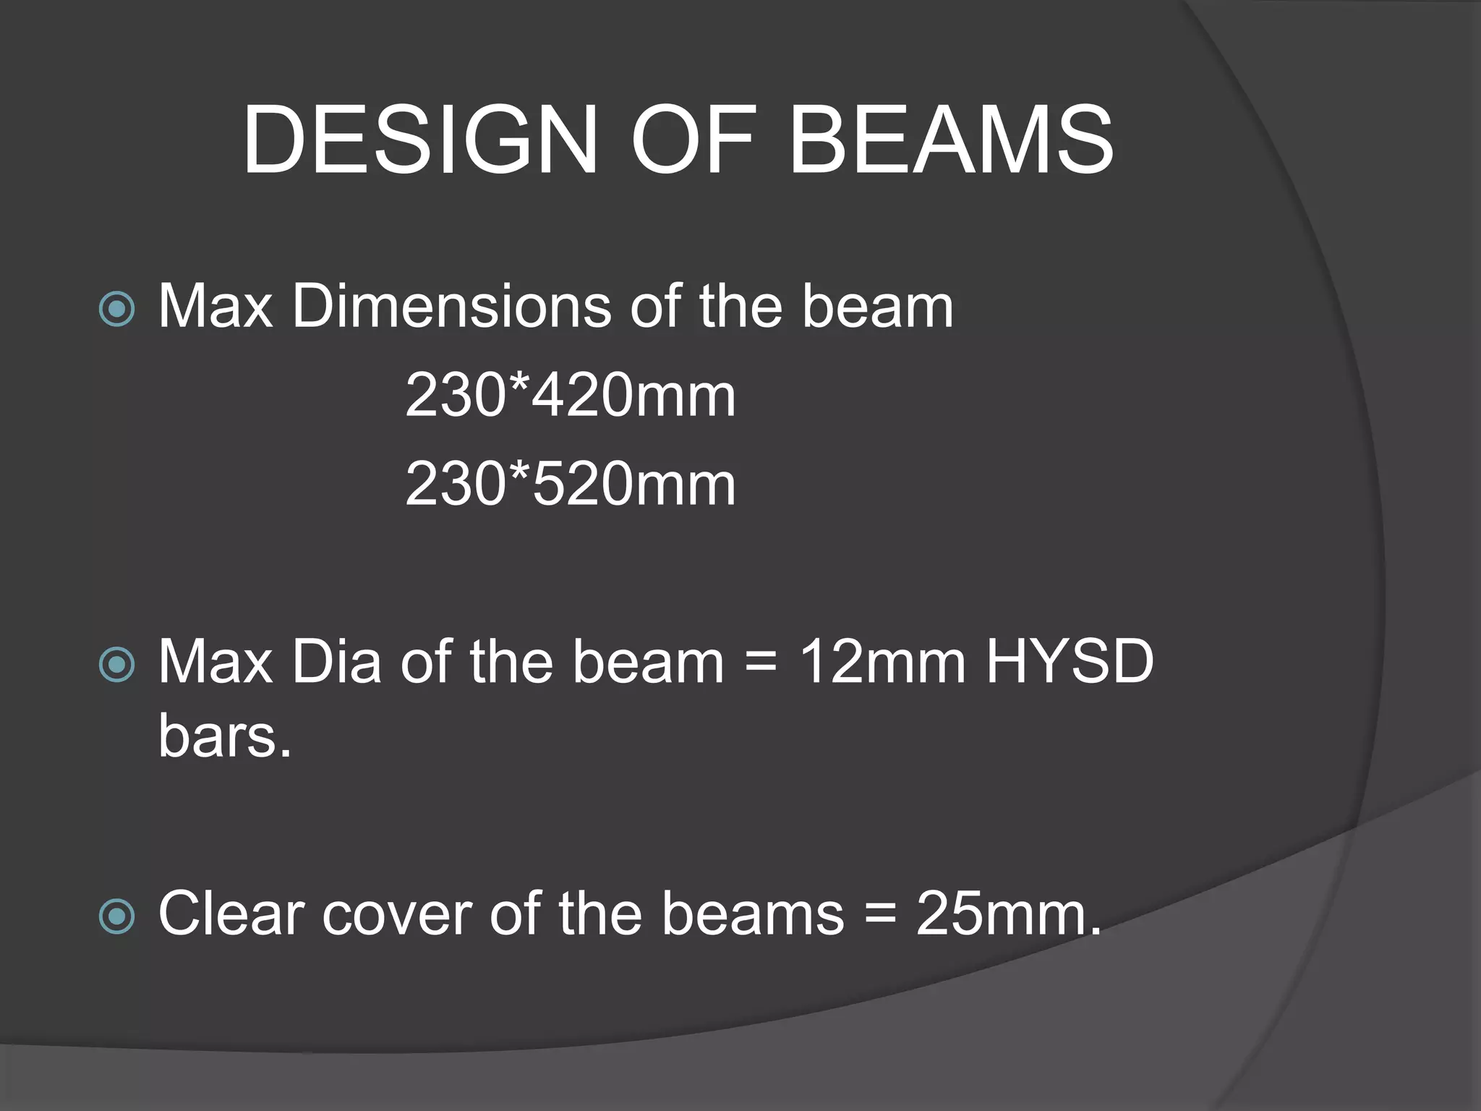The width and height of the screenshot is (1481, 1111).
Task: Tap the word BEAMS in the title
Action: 951,140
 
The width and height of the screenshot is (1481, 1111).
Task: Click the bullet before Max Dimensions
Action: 116,310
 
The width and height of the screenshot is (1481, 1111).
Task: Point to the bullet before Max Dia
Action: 116,665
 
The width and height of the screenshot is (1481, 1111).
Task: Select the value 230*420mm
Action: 570,395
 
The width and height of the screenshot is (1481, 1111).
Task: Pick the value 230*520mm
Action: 570,484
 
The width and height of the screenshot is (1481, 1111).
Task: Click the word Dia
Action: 336,661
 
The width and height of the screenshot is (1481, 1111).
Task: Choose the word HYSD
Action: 1070,661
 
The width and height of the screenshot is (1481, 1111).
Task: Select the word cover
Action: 397,914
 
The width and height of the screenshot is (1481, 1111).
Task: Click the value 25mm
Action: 1008,914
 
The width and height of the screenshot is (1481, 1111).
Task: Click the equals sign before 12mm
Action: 761,663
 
